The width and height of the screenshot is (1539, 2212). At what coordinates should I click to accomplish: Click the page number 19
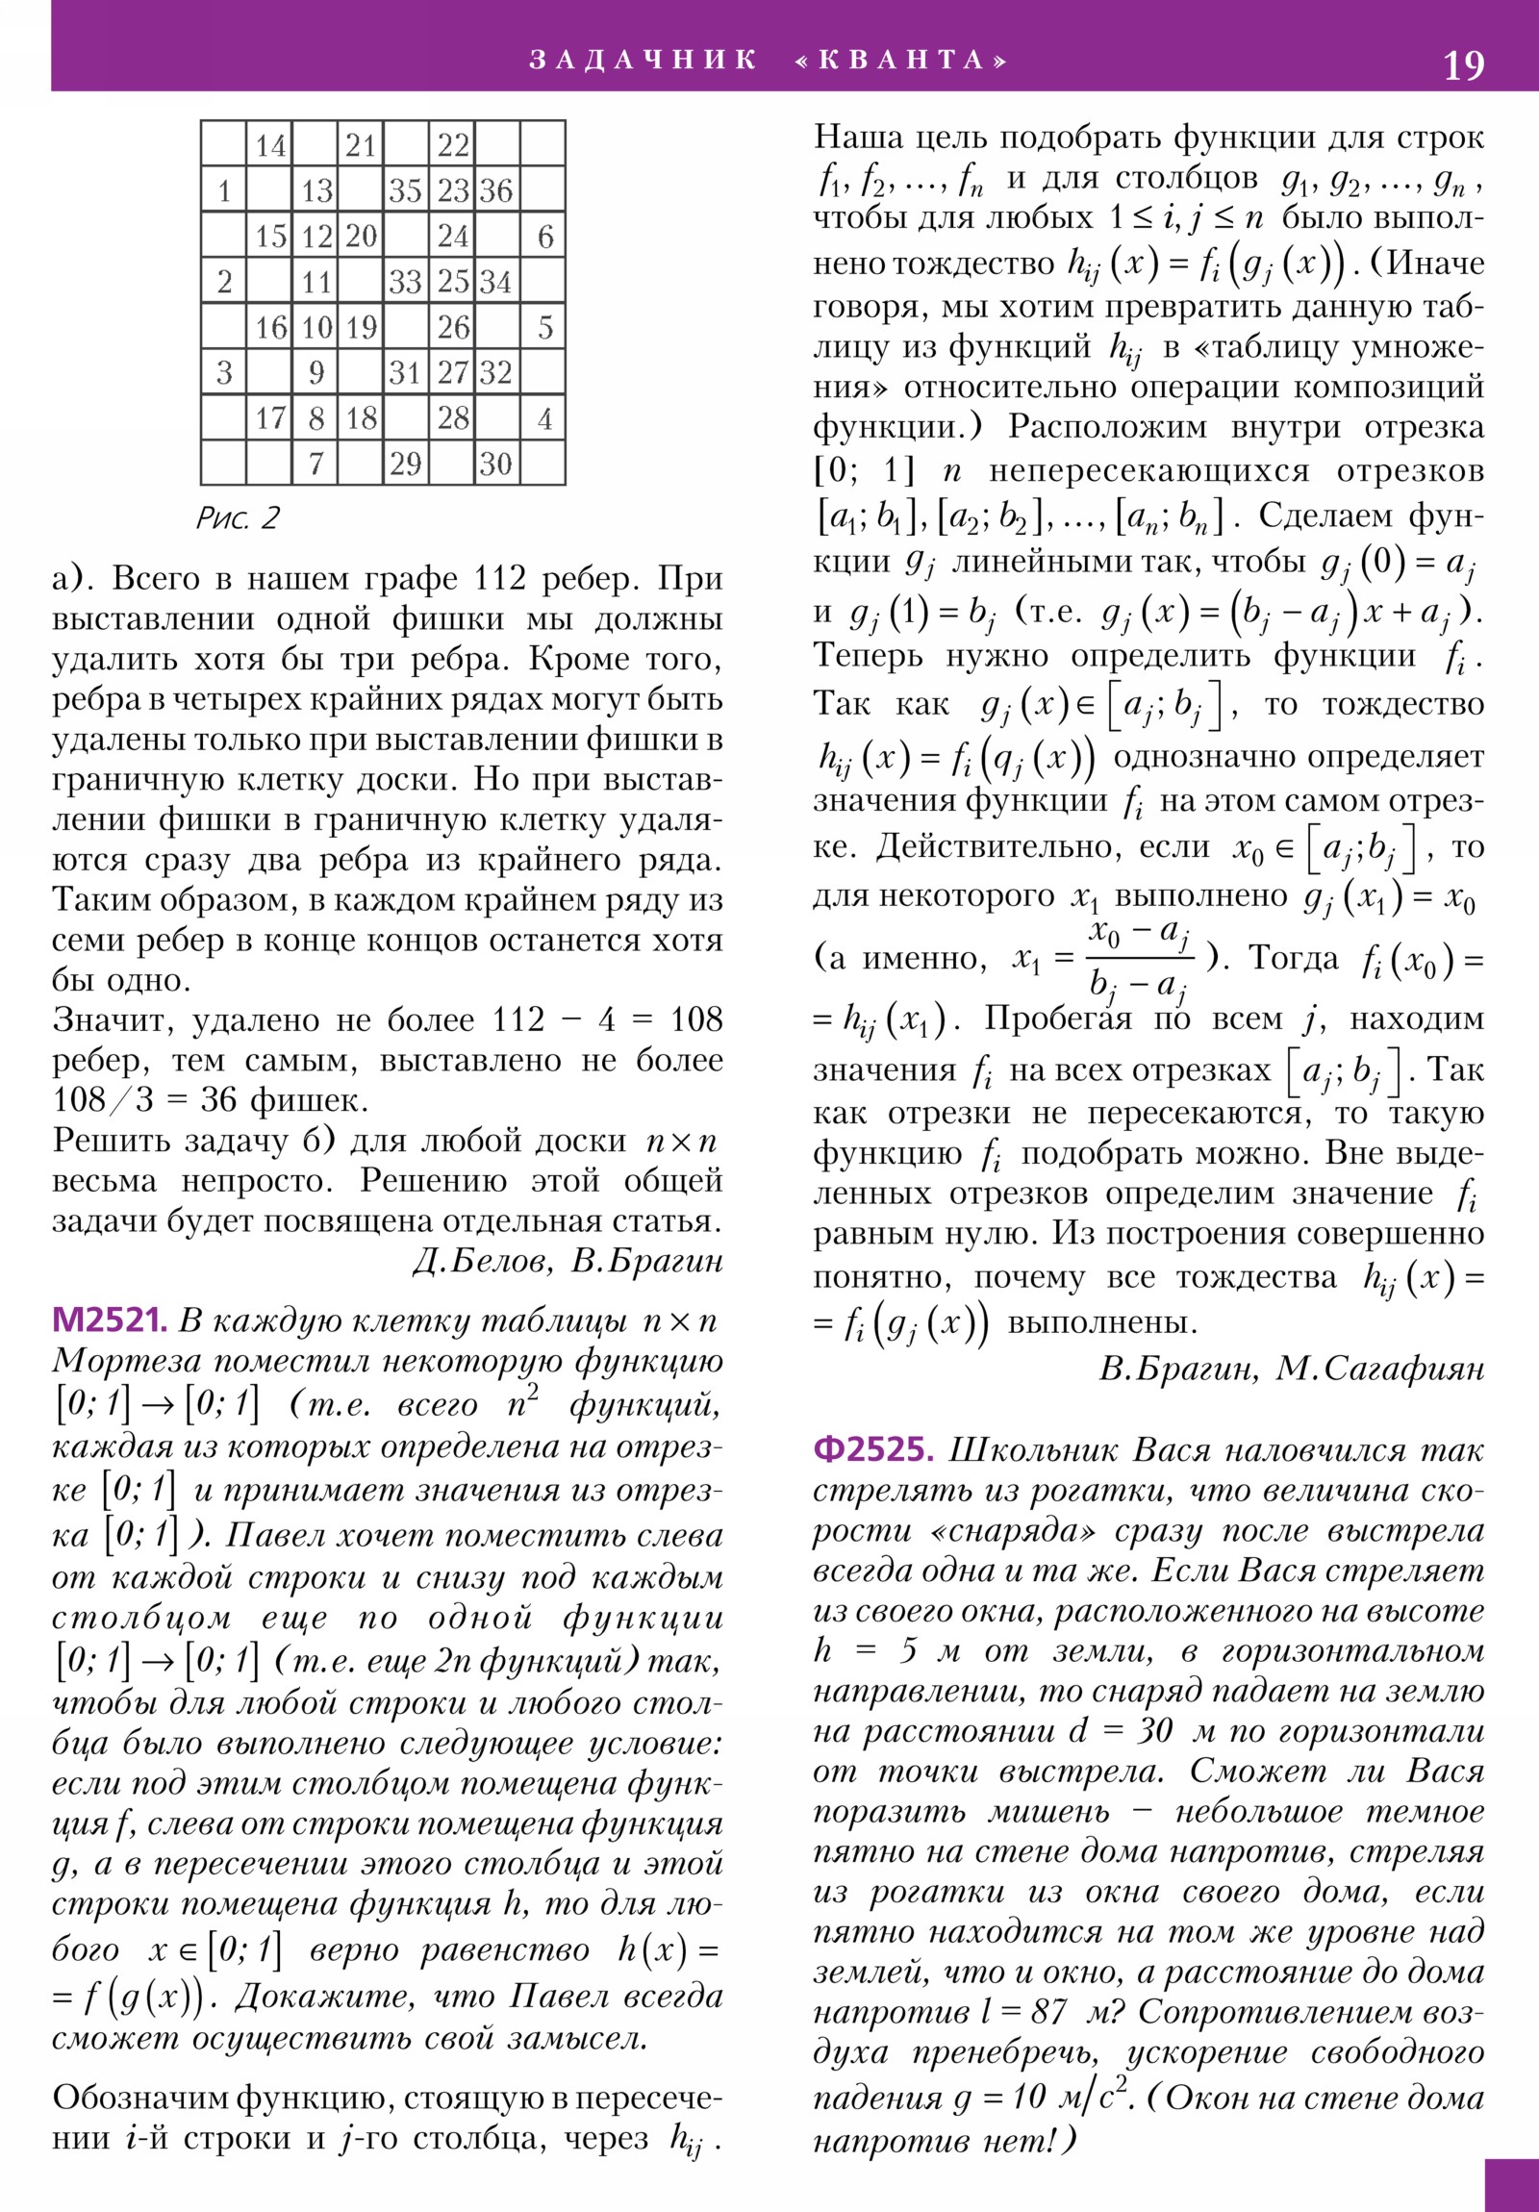click(1463, 65)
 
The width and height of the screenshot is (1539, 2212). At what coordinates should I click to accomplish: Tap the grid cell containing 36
click(496, 189)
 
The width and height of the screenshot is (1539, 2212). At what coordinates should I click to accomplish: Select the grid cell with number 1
click(223, 189)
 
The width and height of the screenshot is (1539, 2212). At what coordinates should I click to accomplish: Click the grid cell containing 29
click(406, 464)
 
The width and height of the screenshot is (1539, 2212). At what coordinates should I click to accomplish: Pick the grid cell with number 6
click(543, 236)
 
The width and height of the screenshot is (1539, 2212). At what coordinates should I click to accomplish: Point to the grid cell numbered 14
click(270, 145)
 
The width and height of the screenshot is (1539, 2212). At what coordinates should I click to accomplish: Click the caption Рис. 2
click(237, 518)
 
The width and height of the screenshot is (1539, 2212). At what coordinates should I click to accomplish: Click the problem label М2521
click(109, 1320)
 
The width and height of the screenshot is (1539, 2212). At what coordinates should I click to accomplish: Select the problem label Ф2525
click(873, 1450)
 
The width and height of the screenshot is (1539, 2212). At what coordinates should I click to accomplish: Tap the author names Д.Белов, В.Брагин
click(568, 1261)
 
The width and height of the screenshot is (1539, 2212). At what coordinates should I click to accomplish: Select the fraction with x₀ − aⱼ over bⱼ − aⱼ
click(1139, 958)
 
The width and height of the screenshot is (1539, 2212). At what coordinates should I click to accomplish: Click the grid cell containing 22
click(452, 145)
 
